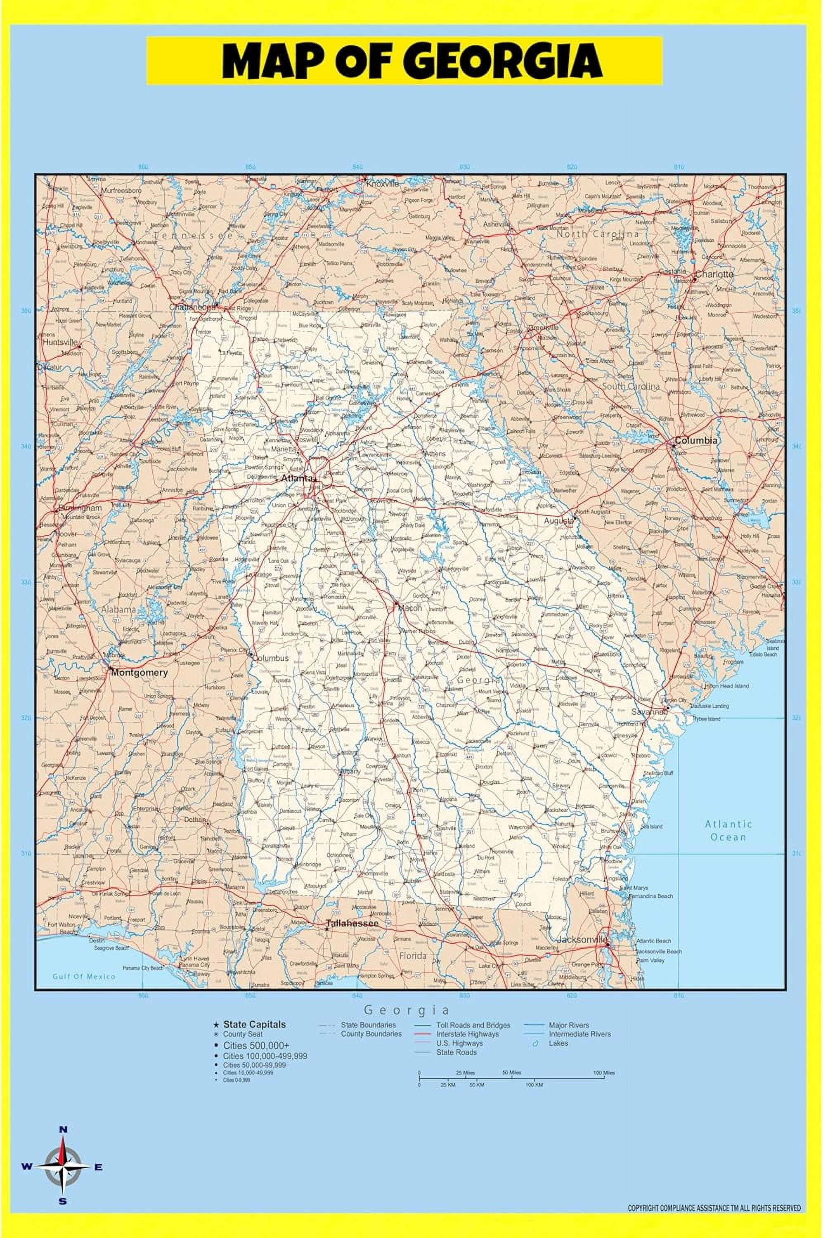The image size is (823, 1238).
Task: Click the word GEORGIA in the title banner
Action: tap(504, 61)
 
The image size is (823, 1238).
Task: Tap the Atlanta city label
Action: tap(297, 478)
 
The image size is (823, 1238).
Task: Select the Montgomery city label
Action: tap(139, 672)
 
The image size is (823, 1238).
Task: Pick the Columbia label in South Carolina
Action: tap(696, 440)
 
